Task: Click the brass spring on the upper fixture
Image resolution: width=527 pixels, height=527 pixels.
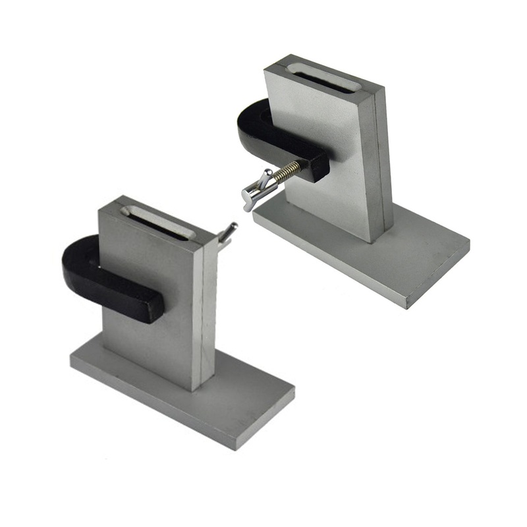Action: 287,173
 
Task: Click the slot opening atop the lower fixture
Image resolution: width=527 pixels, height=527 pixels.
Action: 157,220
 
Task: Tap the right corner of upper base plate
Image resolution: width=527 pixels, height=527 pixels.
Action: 468,247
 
